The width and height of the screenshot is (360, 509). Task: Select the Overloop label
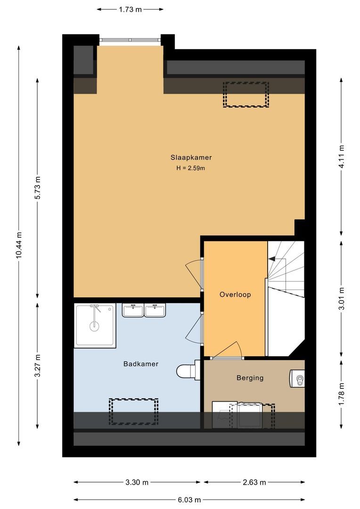tap(235, 295)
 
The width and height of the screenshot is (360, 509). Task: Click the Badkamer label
tap(141, 364)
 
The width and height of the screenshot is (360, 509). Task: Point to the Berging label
tap(250, 378)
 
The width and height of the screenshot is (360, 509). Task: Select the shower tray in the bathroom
tap(95, 325)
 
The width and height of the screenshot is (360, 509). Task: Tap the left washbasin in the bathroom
tap(133, 311)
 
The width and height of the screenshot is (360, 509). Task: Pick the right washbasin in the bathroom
tap(155, 311)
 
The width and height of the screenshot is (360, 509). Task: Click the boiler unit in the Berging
tap(297, 378)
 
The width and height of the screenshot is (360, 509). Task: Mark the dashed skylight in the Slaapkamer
tap(245, 94)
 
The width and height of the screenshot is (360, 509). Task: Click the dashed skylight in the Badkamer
tap(133, 411)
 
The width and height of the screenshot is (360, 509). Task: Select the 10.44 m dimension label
tap(19, 245)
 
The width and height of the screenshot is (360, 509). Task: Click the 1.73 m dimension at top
tap(130, 9)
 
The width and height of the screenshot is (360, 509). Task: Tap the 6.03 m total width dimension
tap(189, 500)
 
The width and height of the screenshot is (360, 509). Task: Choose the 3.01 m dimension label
tap(342, 298)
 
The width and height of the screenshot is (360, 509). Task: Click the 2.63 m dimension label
tap(254, 482)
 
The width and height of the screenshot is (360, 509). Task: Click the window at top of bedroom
tap(130, 41)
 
